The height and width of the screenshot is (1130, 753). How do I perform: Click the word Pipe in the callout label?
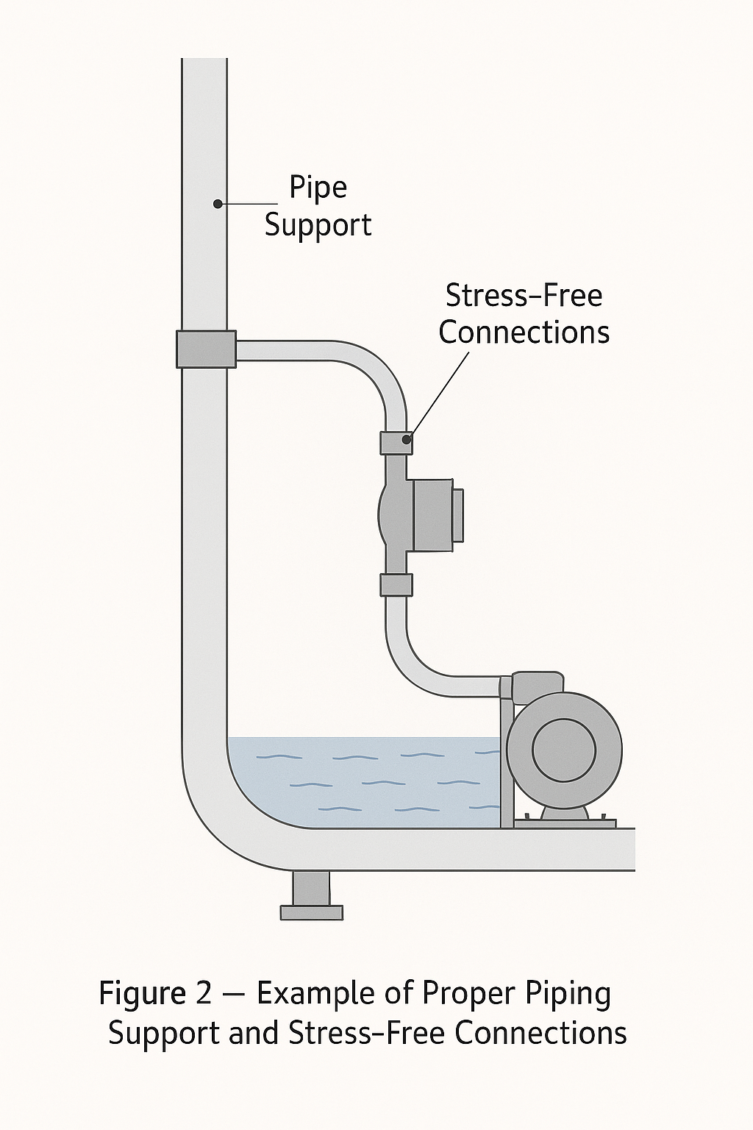coord(318,188)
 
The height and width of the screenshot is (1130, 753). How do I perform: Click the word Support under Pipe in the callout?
coord(318,225)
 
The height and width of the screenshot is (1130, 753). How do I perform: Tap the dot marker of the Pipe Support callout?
coord(218,204)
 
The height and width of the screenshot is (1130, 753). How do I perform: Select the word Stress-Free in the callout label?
coord(524,296)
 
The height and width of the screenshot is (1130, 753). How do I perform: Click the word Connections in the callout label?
coord(524,333)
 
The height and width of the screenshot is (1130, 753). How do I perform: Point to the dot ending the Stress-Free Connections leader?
coord(406,439)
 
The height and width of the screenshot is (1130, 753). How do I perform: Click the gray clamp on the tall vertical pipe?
coord(206,349)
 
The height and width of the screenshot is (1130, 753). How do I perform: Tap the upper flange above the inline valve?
coord(396,443)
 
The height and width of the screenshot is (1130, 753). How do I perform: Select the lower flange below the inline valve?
coord(396,585)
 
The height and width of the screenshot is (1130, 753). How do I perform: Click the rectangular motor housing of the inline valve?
coord(432,514)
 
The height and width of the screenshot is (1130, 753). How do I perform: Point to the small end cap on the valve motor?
coord(457,515)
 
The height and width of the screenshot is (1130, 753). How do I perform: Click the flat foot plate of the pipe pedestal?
coord(311,913)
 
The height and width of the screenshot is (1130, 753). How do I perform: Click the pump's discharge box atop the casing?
coord(537,687)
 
